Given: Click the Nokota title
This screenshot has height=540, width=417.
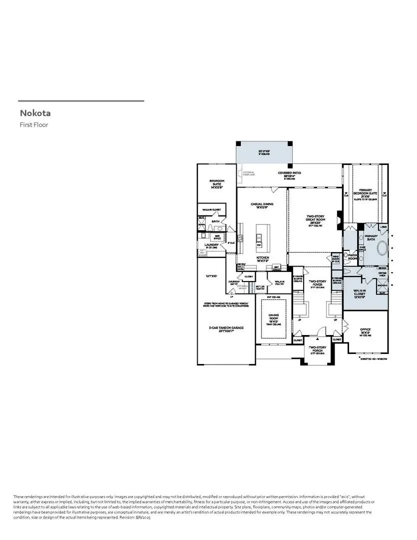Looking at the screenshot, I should point(35,113).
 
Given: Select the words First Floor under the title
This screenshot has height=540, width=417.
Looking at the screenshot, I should point(34,125).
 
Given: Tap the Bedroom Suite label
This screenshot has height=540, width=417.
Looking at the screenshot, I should point(216,183).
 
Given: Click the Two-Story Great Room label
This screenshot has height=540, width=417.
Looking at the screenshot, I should point(315,220).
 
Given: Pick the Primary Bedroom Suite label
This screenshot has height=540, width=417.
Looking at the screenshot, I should point(365,193).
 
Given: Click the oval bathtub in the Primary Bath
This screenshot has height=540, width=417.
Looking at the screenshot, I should point(382,248).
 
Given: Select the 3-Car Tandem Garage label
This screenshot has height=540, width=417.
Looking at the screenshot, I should point(226,328).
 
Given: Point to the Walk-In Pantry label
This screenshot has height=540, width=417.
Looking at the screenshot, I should point(279,283).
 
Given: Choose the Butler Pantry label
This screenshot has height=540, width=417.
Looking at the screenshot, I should point(260,287).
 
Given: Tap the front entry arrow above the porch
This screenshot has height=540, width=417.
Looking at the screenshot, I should point(317,338).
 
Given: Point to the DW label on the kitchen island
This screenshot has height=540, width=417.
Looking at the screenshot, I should point(259,245).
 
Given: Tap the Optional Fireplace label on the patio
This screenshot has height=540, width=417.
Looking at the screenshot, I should point(248,174).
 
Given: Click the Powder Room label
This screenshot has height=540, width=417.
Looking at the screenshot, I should point(353,256).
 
